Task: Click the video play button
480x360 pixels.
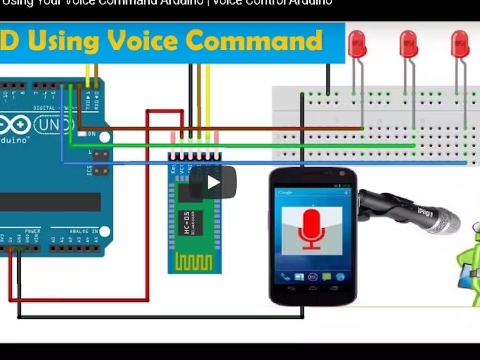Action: [213, 182]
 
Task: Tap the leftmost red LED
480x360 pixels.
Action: [357, 44]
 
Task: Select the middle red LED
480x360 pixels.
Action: [409, 44]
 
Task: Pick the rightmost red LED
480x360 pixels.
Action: [460, 44]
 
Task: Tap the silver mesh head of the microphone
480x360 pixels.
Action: [447, 221]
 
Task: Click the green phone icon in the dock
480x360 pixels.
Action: [286, 277]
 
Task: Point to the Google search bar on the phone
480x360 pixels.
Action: [312, 192]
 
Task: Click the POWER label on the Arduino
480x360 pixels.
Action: [32, 231]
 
